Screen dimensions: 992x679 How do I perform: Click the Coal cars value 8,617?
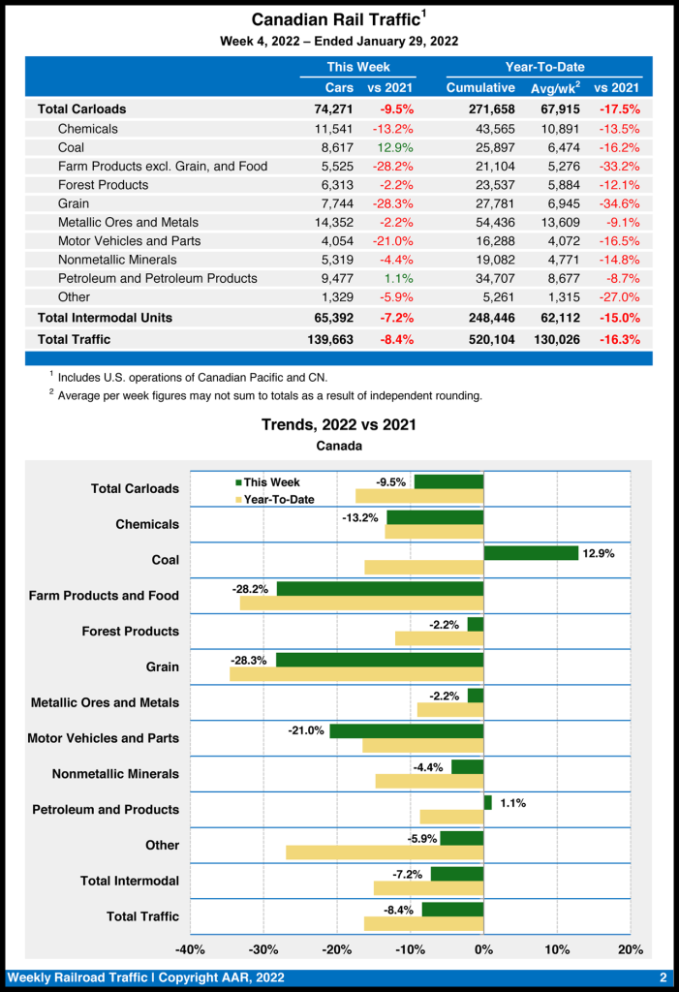click(333, 147)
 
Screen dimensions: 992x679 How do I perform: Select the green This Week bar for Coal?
click(531, 553)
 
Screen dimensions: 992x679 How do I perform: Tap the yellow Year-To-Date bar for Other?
click(385, 852)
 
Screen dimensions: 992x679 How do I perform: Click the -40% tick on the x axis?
click(190, 949)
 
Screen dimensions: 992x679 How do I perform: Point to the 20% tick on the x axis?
click(631, 949)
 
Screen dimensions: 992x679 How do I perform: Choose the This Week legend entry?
click(268, 482)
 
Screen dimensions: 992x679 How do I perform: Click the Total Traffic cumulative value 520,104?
click(488, 339)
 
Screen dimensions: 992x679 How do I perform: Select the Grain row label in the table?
click(74, 203)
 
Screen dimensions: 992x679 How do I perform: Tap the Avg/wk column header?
click(554, 88)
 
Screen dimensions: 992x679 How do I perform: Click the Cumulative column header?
click(480, 88)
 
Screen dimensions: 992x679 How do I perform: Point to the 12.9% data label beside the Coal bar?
click(599, 553)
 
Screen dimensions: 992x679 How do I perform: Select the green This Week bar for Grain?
click(380, 660)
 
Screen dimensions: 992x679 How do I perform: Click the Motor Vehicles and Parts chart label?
click(104, 738)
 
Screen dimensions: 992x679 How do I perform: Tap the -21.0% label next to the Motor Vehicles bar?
click(305, 730)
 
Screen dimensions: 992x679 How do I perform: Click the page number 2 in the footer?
click(664, 977)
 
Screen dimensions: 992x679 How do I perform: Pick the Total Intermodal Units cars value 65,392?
click(329, 318)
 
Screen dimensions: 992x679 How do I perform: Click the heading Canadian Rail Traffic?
click(336, 19)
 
